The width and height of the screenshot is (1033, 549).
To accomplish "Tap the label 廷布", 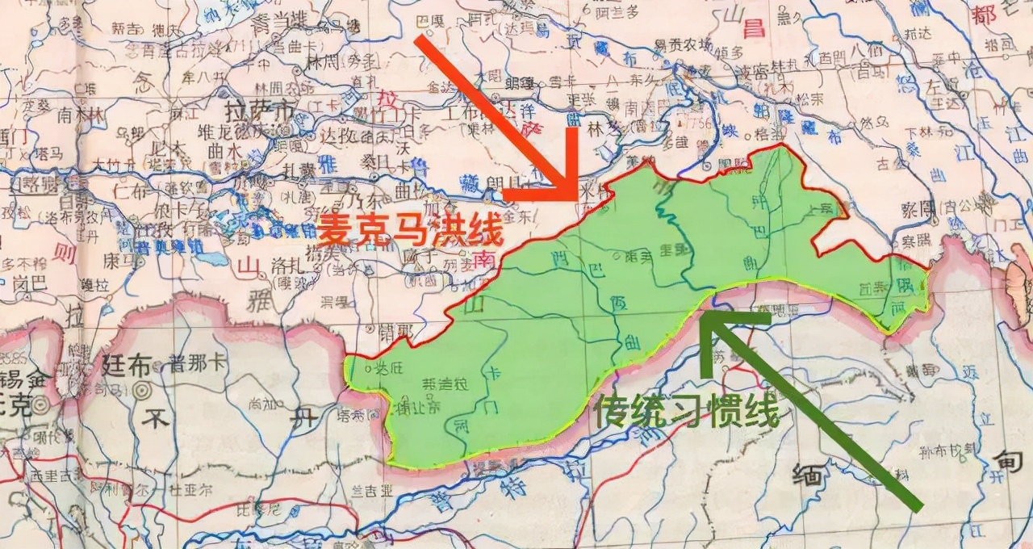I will [x=127, y=364].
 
